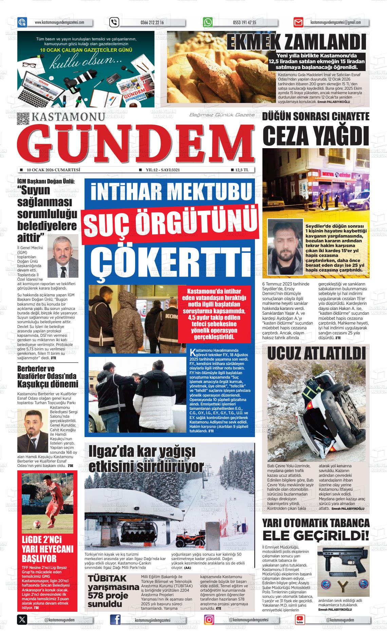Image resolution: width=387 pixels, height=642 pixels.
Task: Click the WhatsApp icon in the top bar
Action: tap(208, 22)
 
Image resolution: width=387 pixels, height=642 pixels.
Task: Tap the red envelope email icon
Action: tap(298, 23)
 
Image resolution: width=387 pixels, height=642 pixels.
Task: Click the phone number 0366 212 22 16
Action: tap(152, 23)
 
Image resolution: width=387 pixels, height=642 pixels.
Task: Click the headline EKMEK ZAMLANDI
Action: tap(296, 43)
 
